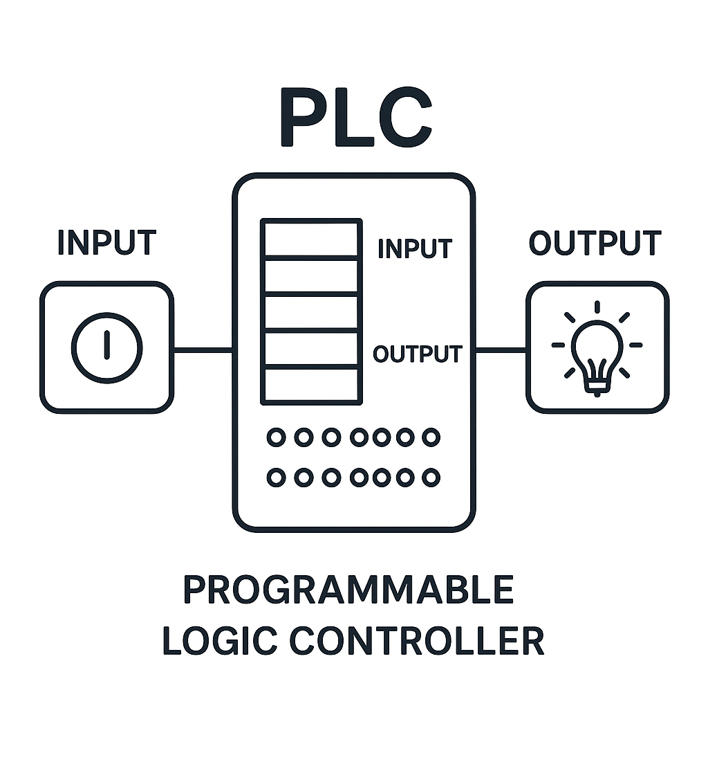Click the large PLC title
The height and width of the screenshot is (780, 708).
(355, 118)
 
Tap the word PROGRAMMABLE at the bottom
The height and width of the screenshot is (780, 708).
(348, 590)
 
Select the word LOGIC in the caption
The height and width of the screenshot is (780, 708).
(219, 640)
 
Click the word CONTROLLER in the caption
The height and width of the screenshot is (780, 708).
(417, 640)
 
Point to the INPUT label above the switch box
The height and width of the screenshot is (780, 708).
(106, 243)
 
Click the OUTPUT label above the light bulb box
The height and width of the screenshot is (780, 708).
(595, 243)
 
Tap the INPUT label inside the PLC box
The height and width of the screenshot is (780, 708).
(415, 248)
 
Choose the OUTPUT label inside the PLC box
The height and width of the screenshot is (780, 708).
(417, 354)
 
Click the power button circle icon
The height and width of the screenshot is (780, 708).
(106, 347)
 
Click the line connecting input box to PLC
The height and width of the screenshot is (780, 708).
(203, 350)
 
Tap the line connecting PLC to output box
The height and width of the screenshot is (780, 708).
(501, 350)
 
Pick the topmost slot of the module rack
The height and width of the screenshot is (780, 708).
(311, 239)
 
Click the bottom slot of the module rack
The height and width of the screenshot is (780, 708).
(311, 384)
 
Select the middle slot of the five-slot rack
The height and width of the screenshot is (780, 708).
(311, 312)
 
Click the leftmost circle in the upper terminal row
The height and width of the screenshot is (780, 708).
(276, 437)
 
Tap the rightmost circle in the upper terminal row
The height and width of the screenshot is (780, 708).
(431, 437)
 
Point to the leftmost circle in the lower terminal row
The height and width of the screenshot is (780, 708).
(276, 477)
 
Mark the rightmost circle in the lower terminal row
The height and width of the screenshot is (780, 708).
(431, 477)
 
